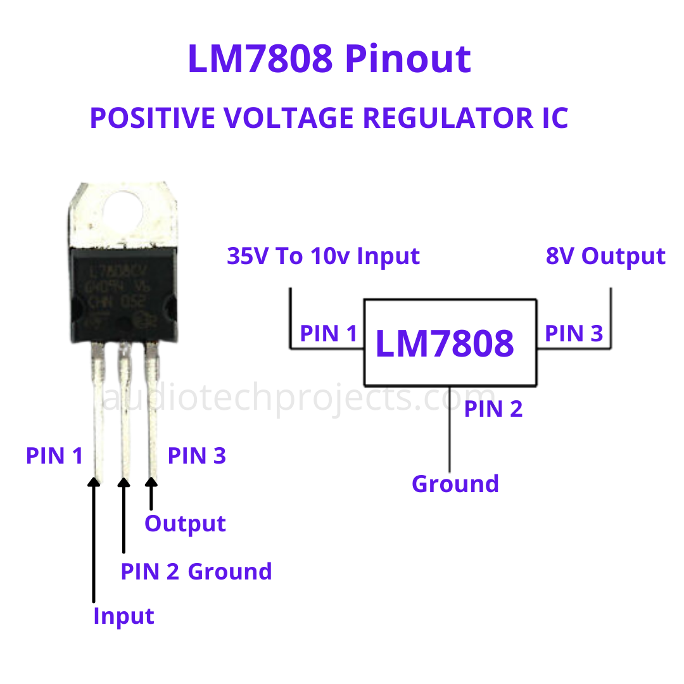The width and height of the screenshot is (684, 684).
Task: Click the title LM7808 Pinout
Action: [329, 59]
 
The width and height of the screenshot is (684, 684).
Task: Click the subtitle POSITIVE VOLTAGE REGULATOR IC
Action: [329, 118]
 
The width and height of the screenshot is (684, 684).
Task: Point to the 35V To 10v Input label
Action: [323, 256]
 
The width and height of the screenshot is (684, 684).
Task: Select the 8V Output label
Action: [605, 256]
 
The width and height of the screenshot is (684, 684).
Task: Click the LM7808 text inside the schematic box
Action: [445, 343]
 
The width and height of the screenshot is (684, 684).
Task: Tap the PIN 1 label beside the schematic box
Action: [329, 334]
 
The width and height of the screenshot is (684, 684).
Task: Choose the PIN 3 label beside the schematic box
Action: [574, 334]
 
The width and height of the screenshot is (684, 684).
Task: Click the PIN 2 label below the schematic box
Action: [493, 409]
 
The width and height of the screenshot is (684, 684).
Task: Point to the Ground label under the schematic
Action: [455, 484]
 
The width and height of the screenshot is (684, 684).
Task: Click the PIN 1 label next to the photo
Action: [54, 456]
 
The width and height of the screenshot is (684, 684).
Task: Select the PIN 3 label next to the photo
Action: [196, 456]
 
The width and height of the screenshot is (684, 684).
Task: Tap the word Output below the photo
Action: [185, 524]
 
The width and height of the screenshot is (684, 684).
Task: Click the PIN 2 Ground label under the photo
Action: [196, 571]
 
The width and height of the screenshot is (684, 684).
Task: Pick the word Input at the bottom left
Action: [123, 616]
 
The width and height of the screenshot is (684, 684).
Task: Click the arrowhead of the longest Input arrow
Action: [94, 482]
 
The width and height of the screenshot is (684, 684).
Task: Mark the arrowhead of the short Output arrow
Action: [151, 482]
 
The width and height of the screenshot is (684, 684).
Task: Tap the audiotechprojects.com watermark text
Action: [291, 399]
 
